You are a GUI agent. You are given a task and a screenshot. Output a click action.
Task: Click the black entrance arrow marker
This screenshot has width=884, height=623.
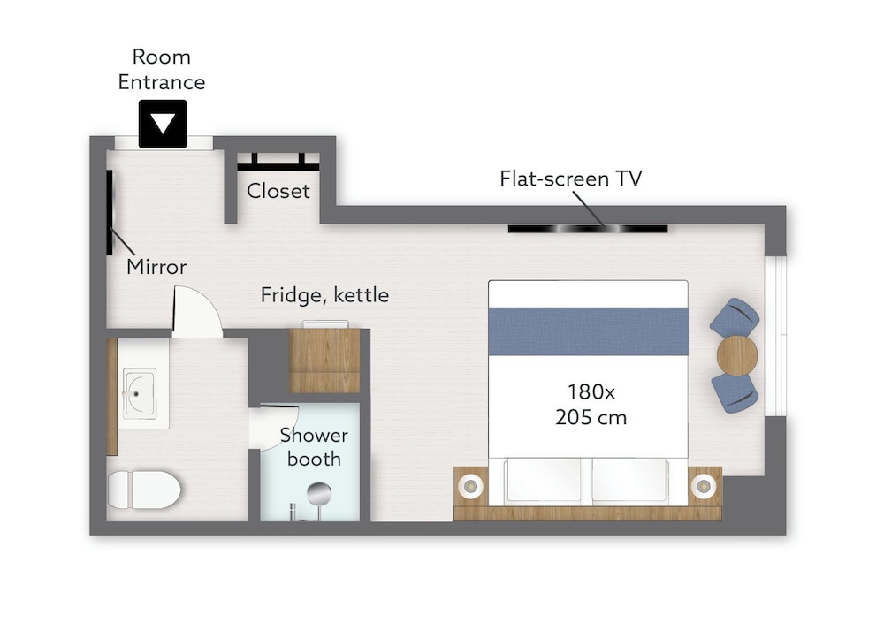tap(163, 124)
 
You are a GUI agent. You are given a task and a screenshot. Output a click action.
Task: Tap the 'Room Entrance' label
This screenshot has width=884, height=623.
tap(161, 69)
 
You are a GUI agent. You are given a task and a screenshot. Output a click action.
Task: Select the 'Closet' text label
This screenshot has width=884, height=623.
tap(278, 191)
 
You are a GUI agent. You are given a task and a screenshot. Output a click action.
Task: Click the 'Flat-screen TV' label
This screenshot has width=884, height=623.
tap(570, 179)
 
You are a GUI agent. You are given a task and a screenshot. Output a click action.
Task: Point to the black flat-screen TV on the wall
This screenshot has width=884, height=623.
tap(588, 229)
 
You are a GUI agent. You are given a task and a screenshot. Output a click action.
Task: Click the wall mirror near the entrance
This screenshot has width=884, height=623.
tap(110, 212)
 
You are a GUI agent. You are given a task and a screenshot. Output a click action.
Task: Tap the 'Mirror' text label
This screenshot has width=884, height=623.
tap(156, 266)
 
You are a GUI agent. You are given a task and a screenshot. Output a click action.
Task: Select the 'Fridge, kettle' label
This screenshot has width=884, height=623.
tap(324, 295)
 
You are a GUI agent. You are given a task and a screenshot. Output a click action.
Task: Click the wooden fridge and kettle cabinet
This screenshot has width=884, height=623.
tap(324, 361)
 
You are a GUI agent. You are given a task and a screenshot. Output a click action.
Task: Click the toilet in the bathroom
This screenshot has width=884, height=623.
tap(143, 490)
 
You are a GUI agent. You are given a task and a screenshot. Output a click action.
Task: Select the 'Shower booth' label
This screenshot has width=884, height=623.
tap(314, 446)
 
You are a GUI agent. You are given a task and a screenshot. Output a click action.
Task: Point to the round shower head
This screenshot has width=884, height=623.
tap(319, 494)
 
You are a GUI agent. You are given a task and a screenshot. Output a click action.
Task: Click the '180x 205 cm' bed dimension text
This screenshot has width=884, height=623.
tap(591, 404)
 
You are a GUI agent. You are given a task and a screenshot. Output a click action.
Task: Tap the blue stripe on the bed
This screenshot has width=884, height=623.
tap(588, 331)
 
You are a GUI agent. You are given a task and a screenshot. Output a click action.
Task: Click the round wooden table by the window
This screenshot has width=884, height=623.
tap(737, 355)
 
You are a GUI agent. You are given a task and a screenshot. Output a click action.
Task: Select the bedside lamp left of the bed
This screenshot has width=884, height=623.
tap(470, 485)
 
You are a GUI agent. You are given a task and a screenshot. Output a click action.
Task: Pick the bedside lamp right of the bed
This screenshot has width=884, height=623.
tap(704, 485)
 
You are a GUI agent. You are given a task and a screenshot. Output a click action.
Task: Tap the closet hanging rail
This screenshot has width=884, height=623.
tap(278, 167)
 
